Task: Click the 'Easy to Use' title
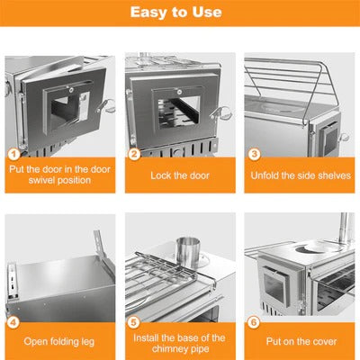coord(180,13)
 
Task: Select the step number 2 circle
coord(134,154)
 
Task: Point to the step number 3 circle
coord(254,154)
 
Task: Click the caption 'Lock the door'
coord(180,176)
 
